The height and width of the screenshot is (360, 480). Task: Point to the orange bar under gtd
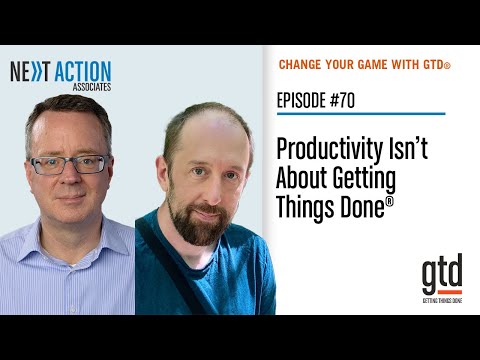(x=441, y=292)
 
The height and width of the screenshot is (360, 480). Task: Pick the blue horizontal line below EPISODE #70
(x=360, y=113)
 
